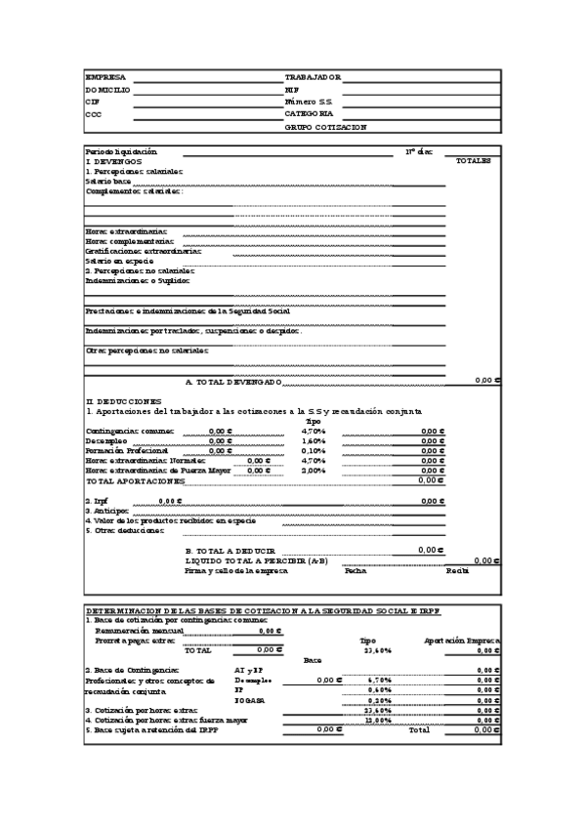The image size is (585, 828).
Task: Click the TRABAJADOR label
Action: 313,76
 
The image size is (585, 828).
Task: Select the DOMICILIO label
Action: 107,89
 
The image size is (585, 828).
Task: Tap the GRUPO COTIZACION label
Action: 326,127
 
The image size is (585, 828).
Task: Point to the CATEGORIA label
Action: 310,114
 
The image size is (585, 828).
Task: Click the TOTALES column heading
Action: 474,161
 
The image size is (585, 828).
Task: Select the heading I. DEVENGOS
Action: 113,161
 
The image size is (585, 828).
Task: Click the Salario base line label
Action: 107,181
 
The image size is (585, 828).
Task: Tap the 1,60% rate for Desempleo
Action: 313,440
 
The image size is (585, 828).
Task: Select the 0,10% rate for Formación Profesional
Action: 313,450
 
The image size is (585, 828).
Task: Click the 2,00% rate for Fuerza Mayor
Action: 313,470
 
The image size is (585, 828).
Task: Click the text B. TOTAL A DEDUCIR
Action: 230,551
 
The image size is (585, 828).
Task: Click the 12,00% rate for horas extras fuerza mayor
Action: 377,720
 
